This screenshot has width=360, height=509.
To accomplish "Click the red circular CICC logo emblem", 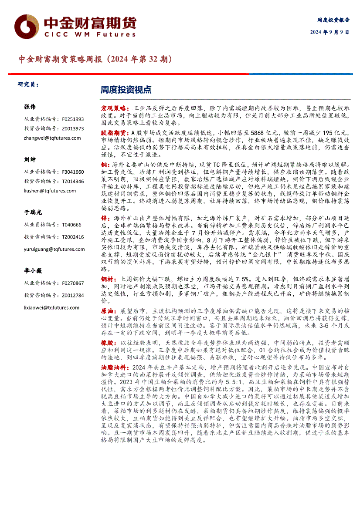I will tap(26, 27).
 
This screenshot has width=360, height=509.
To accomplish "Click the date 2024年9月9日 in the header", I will tap(329, 32).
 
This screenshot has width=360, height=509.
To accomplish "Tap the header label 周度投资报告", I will tap(333, 20).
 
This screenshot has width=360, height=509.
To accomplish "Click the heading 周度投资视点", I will tap(126, 90).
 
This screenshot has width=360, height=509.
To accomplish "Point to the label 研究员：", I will tap(28, 84).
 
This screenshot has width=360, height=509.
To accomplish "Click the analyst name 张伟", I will tap(30, 107).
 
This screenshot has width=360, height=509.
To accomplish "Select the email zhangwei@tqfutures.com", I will tap(52, 138).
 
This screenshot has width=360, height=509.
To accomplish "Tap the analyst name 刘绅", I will tap(30, 160).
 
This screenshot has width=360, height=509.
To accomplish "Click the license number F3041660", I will tap(73, 172).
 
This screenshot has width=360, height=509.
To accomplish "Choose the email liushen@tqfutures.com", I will tap(50, 191).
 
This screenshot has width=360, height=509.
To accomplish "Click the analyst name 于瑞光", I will tap(33, 212).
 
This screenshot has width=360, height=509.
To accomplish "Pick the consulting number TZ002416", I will tap(73, 237).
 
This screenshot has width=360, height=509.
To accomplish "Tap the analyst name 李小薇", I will tap(33, 271).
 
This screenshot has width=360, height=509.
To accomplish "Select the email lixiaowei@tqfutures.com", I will tap(52, 307).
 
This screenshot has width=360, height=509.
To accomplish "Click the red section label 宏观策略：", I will tap(115, 107).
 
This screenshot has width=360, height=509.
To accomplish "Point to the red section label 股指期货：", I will tap(115, 132).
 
